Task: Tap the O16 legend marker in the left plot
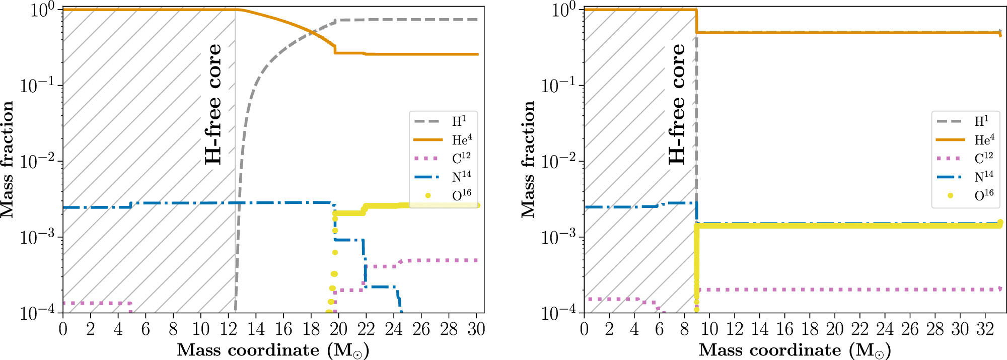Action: pyautogui.click(x=428, y=195)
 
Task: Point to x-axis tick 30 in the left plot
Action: pyautogui.click(x=476, y=329)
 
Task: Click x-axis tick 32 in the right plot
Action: pyautogui.click(x=985, y=329)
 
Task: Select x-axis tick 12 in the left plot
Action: pyautogui.click(x=228, y=329)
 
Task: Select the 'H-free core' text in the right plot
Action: pyautogui.click(x=677, y=104)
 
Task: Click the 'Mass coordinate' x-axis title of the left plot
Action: pyautogui.click(x=273, y=350)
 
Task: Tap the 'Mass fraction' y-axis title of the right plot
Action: pyautogui.click(x=528, y=159)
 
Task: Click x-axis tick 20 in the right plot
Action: pyautogui.click(x=834, y=329)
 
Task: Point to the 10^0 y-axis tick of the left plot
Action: pyautogui.click(x=42, y=10)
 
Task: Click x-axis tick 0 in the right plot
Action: pyautogui.click(x=584, y=329)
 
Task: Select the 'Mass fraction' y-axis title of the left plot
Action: pyautogui.click(x=7, y=159)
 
